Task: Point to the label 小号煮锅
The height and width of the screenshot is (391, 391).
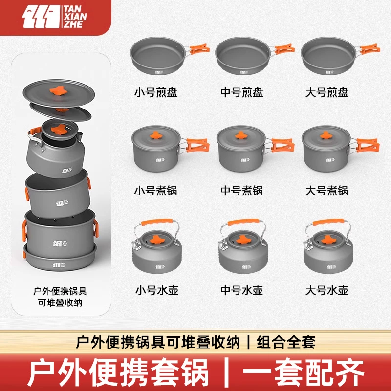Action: tap(155, 191)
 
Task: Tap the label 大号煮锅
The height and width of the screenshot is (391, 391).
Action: tap(327, 191)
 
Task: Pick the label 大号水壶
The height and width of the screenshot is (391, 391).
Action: tap(327, 290)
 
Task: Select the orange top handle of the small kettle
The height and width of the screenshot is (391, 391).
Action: tap(155, 222)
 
